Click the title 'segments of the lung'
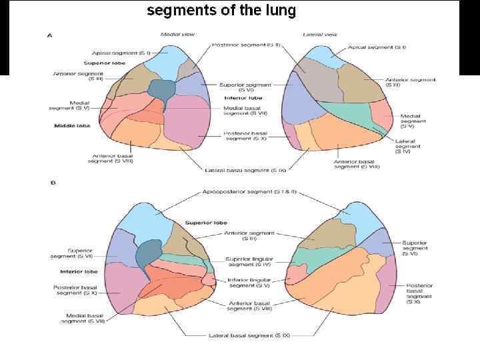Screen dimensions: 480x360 click(221, 11)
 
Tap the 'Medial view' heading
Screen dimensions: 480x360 click(177, 35)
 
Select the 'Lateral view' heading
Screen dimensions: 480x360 click(320, 35)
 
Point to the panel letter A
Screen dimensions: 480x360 click(49, 35)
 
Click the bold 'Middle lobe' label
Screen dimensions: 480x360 click(72, 125)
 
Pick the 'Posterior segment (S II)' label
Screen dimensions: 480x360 click(246, 45)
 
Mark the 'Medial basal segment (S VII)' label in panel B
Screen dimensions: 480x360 click(85, 318)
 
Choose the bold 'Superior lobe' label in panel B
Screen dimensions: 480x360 click(207, 223)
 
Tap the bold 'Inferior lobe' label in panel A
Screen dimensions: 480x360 click(243, 97)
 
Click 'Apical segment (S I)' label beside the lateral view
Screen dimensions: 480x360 click(377, 47)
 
